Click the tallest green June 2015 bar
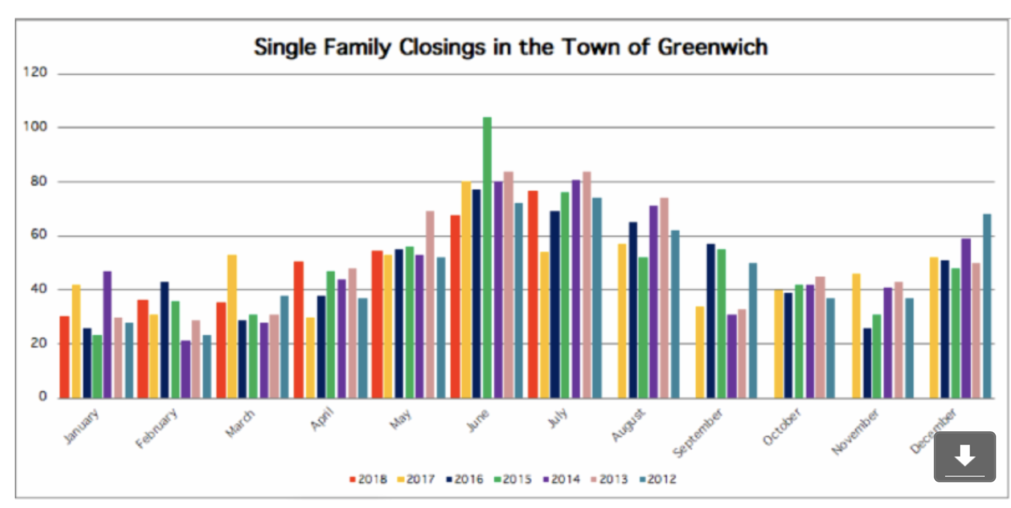click(x=487, y=257)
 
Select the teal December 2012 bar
click(x=987, y=306)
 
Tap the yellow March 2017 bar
click(x=232, y=327)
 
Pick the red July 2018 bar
click(x=533, y=295)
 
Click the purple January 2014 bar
click(x=107, y=335)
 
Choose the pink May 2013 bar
click(x=430, y=304)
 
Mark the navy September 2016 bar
click(x=711, y=321)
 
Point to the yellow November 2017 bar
click(x=856, y=336)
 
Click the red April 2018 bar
click(x=299, y=330)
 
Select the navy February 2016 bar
click(x=164, y=340)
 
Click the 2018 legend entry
click(x=368, y=479)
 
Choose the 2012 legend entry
click(x=658, y=479)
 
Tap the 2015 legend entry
click(x=513, y=479)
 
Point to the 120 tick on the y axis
click(x=35, y=72)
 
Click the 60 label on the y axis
click(x=39, y=235)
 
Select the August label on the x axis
click(x=628, y=425)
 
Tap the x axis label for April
click(x=322, y=419)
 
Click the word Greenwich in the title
click(x=712, y=47)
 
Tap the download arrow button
click(x=965, y=456)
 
